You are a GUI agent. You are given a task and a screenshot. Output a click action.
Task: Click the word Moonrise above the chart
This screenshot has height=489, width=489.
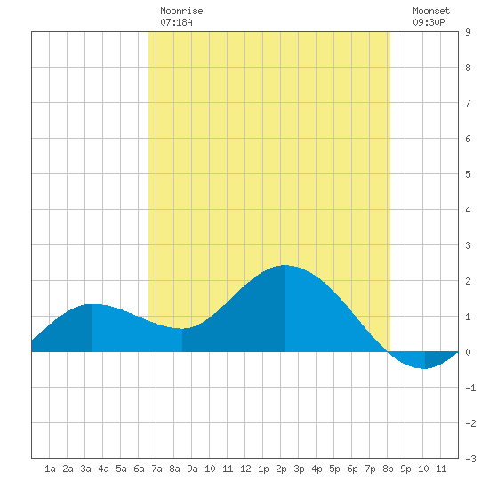181,11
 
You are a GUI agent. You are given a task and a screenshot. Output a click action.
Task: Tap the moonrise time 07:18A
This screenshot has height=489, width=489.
176,22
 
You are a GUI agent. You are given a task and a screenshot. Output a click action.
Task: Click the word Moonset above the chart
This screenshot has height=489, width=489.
431,11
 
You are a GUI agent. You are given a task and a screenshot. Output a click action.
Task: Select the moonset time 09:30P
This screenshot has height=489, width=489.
429,22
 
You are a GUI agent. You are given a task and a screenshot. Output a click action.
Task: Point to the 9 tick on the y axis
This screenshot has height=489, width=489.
468,32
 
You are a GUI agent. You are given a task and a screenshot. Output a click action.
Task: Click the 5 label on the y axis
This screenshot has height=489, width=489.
468,174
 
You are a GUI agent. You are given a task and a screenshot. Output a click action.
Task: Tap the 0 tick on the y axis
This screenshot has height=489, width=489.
468,352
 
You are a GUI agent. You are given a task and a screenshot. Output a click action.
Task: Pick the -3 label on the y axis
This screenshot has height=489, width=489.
470,459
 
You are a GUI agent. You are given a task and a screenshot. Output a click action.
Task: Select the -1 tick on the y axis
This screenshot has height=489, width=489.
470,388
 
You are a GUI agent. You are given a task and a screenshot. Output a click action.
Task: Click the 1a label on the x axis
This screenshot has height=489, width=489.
50,469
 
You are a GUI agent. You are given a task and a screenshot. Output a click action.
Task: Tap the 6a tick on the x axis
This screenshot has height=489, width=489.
139,469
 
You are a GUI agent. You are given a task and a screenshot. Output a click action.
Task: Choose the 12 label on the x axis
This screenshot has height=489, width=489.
245,469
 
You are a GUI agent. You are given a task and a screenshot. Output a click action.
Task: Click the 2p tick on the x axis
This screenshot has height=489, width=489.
281,469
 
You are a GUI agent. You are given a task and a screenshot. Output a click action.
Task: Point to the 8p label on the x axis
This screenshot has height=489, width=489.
388,469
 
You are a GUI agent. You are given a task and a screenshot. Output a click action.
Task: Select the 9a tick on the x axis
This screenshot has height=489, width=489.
192,469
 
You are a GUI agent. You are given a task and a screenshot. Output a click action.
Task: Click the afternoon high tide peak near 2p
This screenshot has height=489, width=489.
285,266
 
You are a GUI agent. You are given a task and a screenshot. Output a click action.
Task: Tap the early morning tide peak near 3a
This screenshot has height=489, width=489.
92,304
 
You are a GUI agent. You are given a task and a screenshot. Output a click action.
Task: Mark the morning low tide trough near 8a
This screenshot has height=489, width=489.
182,328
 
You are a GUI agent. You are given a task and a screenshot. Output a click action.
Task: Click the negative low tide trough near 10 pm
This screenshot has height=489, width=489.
425,368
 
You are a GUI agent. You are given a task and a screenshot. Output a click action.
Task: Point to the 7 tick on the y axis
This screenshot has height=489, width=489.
468,103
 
